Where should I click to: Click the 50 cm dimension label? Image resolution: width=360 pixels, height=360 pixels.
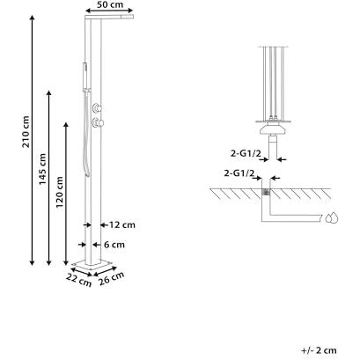(109, 4)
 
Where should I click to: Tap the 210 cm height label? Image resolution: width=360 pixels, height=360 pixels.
(26, 132)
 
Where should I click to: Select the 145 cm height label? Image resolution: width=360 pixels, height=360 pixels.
(43, 169)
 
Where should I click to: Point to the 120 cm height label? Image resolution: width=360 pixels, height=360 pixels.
(60, 192)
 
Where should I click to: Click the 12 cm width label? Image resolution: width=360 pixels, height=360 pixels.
(122, 225)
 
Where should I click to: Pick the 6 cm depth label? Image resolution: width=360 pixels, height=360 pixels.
(114, 245)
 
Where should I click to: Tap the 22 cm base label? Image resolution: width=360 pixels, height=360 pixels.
(78, 280)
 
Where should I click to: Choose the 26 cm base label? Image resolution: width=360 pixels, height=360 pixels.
(112, 278)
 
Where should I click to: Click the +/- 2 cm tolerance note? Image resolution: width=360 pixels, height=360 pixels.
(319, 350)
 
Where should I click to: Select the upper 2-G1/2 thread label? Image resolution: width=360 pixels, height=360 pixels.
(246, 153)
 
